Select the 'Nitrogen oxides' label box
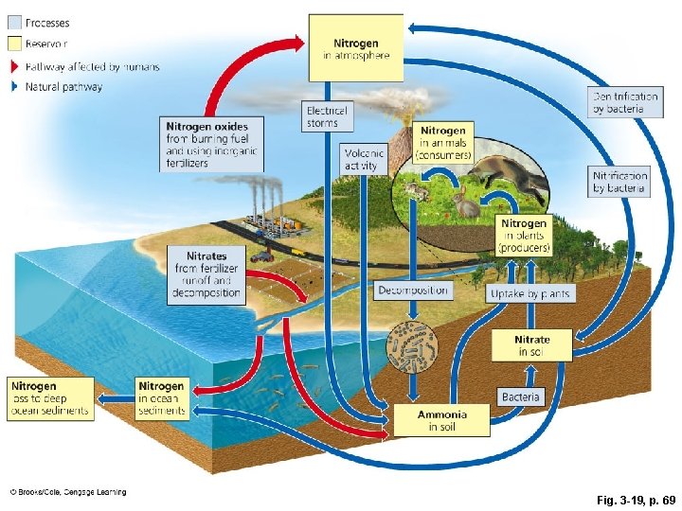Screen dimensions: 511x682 coord(210,144)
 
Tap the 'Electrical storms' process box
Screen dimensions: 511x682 coord(328,116)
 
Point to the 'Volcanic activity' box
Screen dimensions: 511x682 coord(363,159)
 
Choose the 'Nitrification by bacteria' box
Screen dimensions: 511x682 coord(620,181)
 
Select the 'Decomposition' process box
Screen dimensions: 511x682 coord(414,290)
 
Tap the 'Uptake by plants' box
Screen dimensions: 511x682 coord(530,293)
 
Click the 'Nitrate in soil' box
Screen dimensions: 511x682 coord(531,345)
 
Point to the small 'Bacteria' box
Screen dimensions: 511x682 coord(521,396)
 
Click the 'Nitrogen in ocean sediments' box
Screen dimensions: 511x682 coord(161,398)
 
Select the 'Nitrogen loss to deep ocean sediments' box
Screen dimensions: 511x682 coord(51,398)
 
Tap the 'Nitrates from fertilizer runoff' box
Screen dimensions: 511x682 coord(207,274)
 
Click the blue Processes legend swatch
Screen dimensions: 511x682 coord(14,23)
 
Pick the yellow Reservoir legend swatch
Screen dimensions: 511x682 coord(14,43)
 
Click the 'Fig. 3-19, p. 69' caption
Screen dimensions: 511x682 coord(623,496)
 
